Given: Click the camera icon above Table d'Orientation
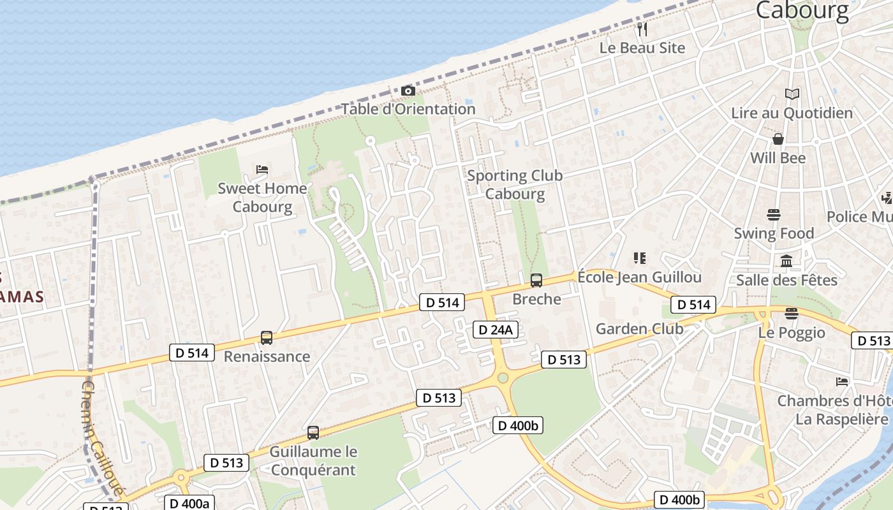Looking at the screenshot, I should click(408, 91).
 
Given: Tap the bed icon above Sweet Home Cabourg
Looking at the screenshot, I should click(262, 170).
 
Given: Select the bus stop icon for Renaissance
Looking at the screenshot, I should click(267, 338).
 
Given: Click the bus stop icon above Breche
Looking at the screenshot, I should click(536, 280).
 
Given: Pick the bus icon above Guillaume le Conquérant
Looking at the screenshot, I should click(313, 433).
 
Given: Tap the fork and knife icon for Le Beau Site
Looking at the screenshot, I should click(642, 29).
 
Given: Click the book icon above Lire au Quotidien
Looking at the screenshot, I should click(792, 94).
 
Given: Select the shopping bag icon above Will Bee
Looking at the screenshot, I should click(778, 139).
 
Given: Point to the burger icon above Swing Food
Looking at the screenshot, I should click(774, 214).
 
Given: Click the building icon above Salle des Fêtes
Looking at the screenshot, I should click(786, 261).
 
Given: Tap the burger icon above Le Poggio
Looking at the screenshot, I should click(792, 314).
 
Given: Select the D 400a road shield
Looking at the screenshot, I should click(189, 503).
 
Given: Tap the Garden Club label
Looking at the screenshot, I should click(639, 329).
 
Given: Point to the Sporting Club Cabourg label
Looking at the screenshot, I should click(515, 184).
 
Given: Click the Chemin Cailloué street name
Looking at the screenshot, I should click(103, 441).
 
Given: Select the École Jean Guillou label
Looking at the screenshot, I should click(639, 277).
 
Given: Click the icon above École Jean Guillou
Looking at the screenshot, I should click(640, 258).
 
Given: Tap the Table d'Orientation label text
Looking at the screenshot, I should click(408, 109).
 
